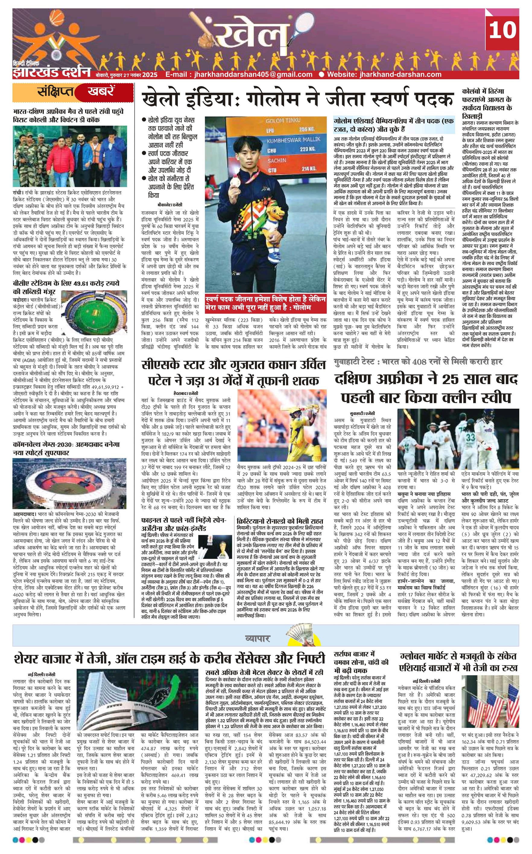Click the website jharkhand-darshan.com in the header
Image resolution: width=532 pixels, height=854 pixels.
[384, 74]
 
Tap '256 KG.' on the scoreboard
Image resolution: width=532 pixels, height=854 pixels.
[305, 129]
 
